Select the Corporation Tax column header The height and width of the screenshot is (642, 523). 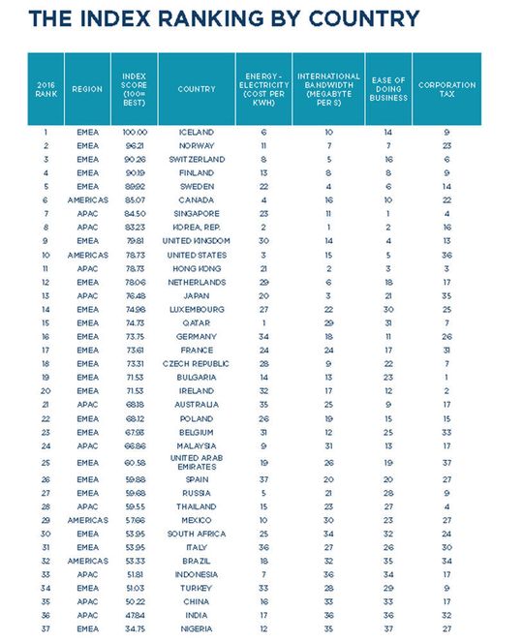point(446,89)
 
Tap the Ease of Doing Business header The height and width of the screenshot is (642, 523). point(388,89)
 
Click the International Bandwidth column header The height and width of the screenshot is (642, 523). point(328,89)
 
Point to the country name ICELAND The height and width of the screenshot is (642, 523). point(197,132)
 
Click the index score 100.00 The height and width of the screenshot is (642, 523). point(135,132)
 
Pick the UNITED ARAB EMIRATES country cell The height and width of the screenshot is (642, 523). point(197,463)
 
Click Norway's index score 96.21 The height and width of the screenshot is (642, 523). point(135,145)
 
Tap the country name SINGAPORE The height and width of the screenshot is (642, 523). point(197,213)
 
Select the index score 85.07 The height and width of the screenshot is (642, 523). point(135,199)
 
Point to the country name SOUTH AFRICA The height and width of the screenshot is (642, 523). point(197,534)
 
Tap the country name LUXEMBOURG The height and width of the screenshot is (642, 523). point(197,308)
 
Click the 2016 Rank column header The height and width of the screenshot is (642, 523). point(46,89)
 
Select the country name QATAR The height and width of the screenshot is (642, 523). point(197,321)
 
